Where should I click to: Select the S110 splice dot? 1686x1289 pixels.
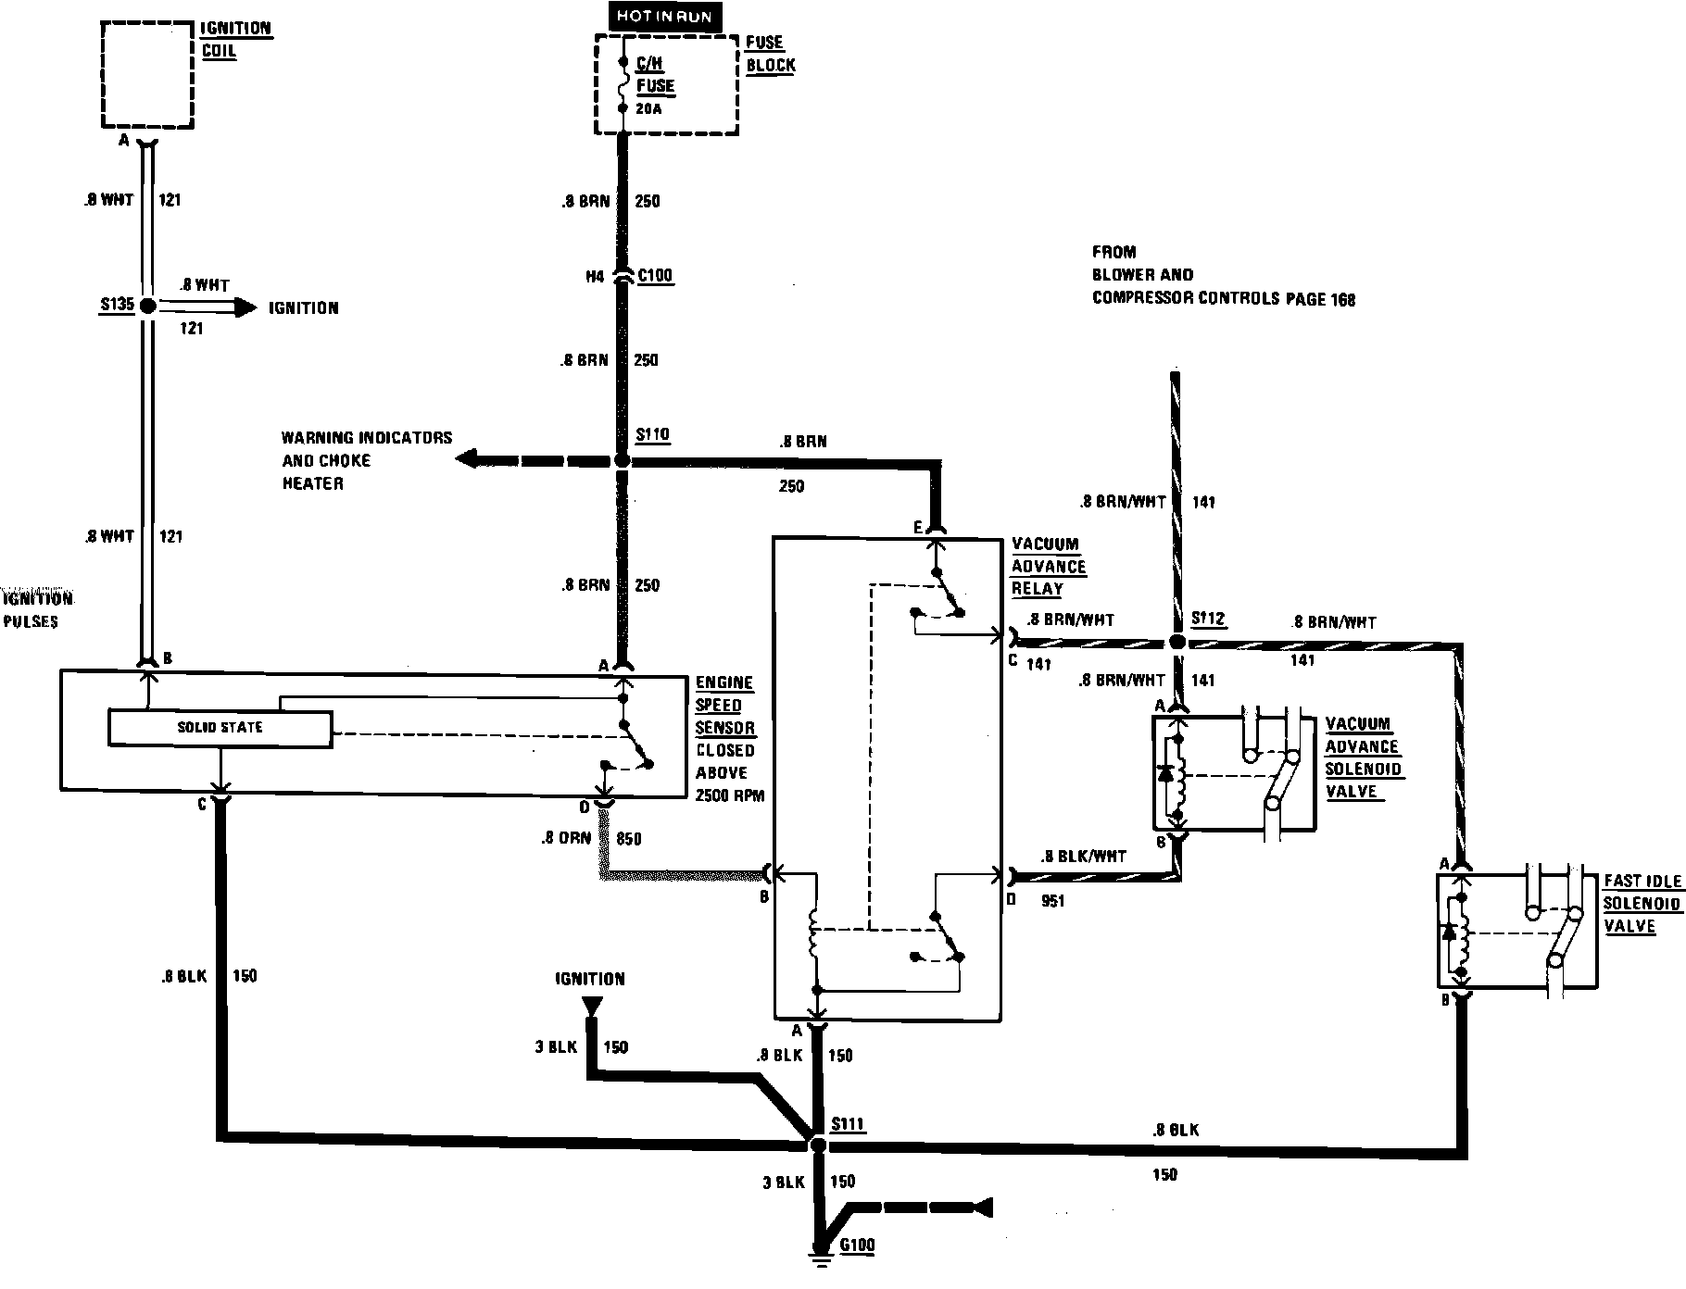(x=622, y=460)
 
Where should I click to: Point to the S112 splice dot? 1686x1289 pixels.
(x=1176, y=642)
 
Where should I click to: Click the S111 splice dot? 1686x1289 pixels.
(x=818, y=1145)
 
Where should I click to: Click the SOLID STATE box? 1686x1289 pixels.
(x=220, y=728)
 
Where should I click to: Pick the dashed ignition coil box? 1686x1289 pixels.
(x=147, y=74)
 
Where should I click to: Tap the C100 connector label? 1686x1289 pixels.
(x=655, y=276)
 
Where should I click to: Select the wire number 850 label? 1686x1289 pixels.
(x=628, y=839)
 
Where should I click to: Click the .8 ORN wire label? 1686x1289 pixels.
(x=566, y=839)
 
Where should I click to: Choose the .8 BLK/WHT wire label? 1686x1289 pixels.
(x=1083, y=857)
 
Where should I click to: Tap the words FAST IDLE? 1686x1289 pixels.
(x=1642, y=882)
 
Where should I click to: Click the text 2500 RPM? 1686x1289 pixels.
(x=730, y=795)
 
